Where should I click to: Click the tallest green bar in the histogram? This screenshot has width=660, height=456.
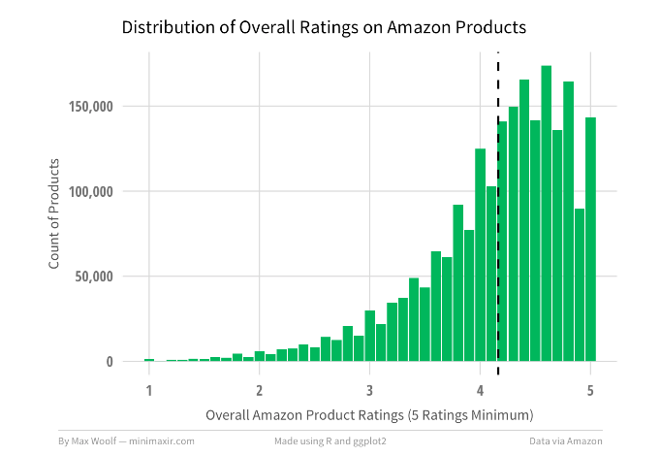click(547, 213)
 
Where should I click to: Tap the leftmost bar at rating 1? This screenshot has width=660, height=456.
click(149, 360)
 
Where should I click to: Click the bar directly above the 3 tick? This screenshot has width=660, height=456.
click(370, 336)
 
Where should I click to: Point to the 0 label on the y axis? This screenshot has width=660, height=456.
click(123, 362)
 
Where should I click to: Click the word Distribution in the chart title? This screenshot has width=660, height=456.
click(167, 27)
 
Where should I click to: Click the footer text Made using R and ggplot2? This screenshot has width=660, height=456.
click(330, 440)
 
